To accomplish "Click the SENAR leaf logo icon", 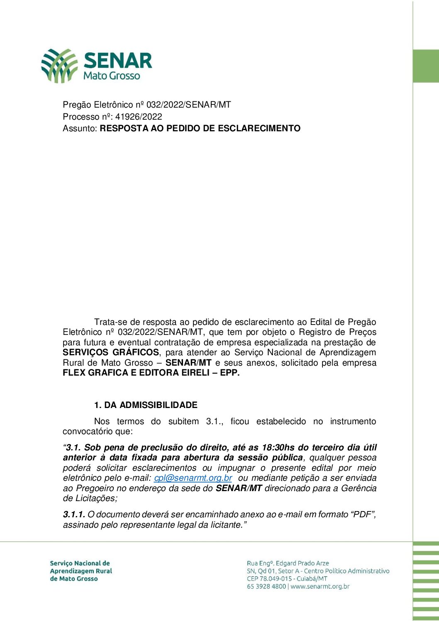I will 59,65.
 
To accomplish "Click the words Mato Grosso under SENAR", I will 112,76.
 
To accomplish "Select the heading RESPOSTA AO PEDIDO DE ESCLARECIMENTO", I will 200,128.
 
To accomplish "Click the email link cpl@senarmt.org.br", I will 193,478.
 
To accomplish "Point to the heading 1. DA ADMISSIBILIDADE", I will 146,405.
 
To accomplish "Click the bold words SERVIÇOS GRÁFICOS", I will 111,353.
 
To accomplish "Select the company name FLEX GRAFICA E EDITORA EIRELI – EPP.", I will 151,373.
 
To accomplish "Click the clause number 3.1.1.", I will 74,515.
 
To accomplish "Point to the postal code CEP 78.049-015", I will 269,579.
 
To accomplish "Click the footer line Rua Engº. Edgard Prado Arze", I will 288,563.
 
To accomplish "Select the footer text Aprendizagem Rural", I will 81,571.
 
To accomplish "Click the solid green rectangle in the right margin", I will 426,66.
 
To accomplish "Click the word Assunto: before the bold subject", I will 80,128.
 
